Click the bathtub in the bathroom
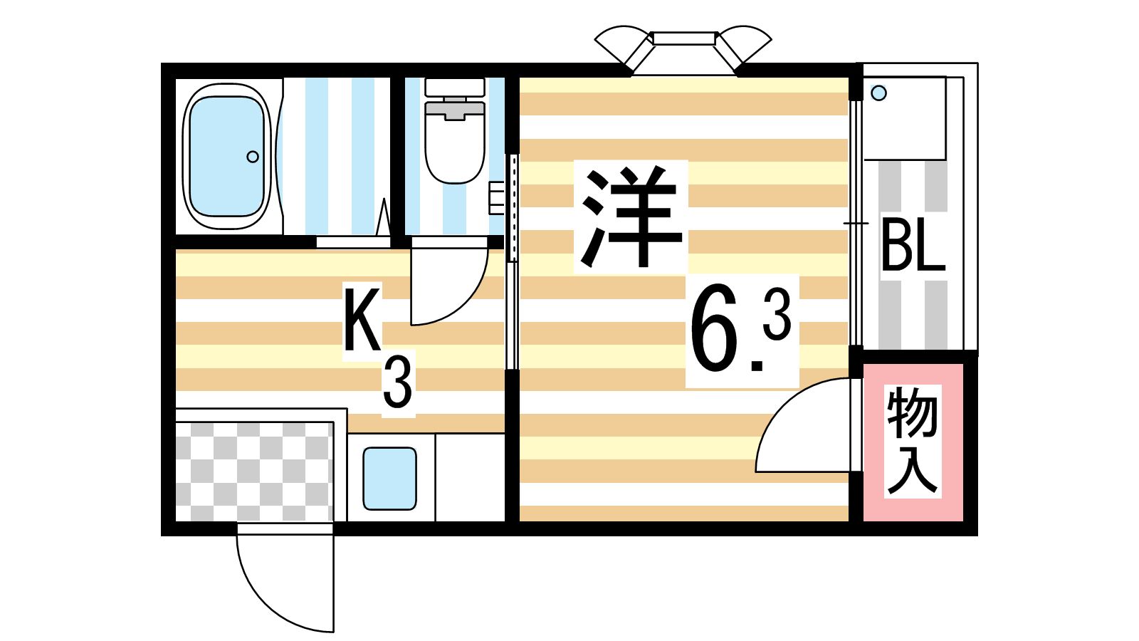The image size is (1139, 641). click(226, 157)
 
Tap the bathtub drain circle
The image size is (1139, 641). click(253, 157)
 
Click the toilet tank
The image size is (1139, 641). click(455, 87)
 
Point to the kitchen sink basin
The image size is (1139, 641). click(389, 479)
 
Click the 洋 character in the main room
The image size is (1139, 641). click(630, 217)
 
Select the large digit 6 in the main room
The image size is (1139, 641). click(715, 328)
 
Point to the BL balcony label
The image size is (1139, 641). click(913, 245)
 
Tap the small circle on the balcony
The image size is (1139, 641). click(879, 93)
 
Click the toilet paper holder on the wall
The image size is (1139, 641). click(496, 197)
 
